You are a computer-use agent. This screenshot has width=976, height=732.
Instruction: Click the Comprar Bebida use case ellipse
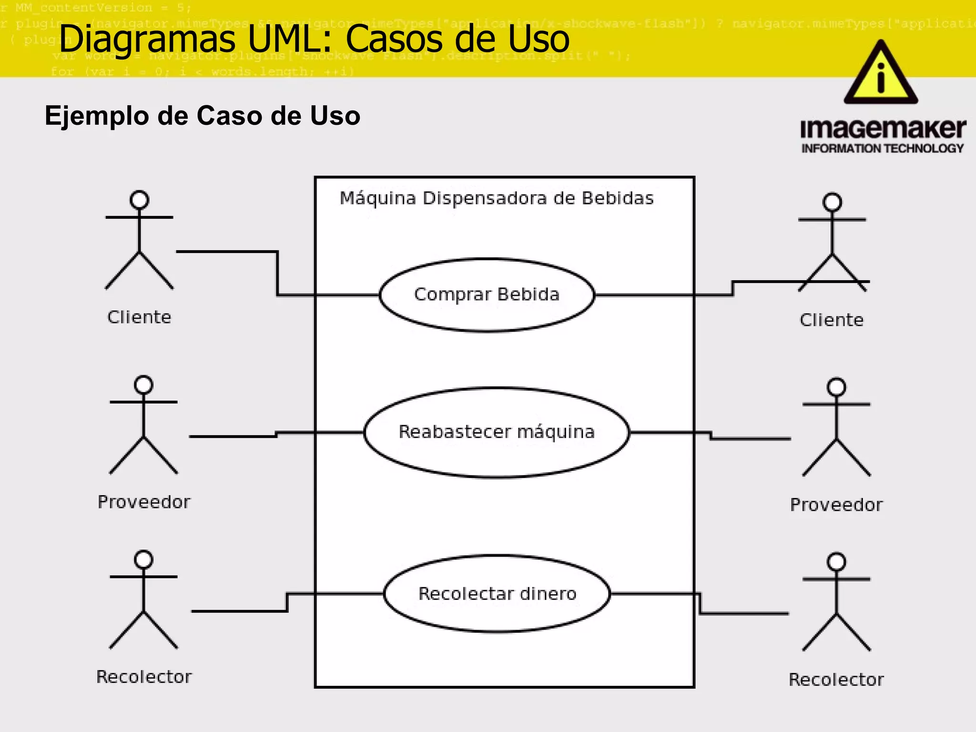point(487,295)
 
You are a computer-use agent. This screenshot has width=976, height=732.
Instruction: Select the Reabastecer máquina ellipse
point(496,432)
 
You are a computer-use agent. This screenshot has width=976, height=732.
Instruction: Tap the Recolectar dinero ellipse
point(497,594)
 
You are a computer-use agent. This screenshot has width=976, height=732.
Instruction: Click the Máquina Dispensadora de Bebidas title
point(497,198)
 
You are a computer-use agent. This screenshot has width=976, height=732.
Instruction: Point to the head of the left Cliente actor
point(139,200)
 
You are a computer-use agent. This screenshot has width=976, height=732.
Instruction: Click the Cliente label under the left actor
point(139,317)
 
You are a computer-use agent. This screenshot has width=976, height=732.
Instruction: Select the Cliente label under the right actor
point(832,320)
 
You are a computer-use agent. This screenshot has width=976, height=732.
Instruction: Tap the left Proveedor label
point(144,502)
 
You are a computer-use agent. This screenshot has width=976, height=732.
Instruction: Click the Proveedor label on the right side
point(836,505)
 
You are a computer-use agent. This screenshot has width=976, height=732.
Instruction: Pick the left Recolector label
point(144,677)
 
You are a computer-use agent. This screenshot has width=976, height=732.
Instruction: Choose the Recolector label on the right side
point(836,680)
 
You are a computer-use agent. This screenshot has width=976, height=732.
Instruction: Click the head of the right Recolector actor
point(836,562)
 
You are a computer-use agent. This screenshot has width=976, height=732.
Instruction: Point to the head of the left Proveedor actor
point(143,385)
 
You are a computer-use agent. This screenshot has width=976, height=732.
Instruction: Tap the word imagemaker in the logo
point(883,129)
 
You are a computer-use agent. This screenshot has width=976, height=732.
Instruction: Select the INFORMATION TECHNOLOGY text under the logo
point(883,149)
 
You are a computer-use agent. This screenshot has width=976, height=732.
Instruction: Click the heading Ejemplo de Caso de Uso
point(203,116)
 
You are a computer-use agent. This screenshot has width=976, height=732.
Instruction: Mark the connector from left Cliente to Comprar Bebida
point(277,274)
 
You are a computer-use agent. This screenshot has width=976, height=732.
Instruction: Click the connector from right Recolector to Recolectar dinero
point(743,613)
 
